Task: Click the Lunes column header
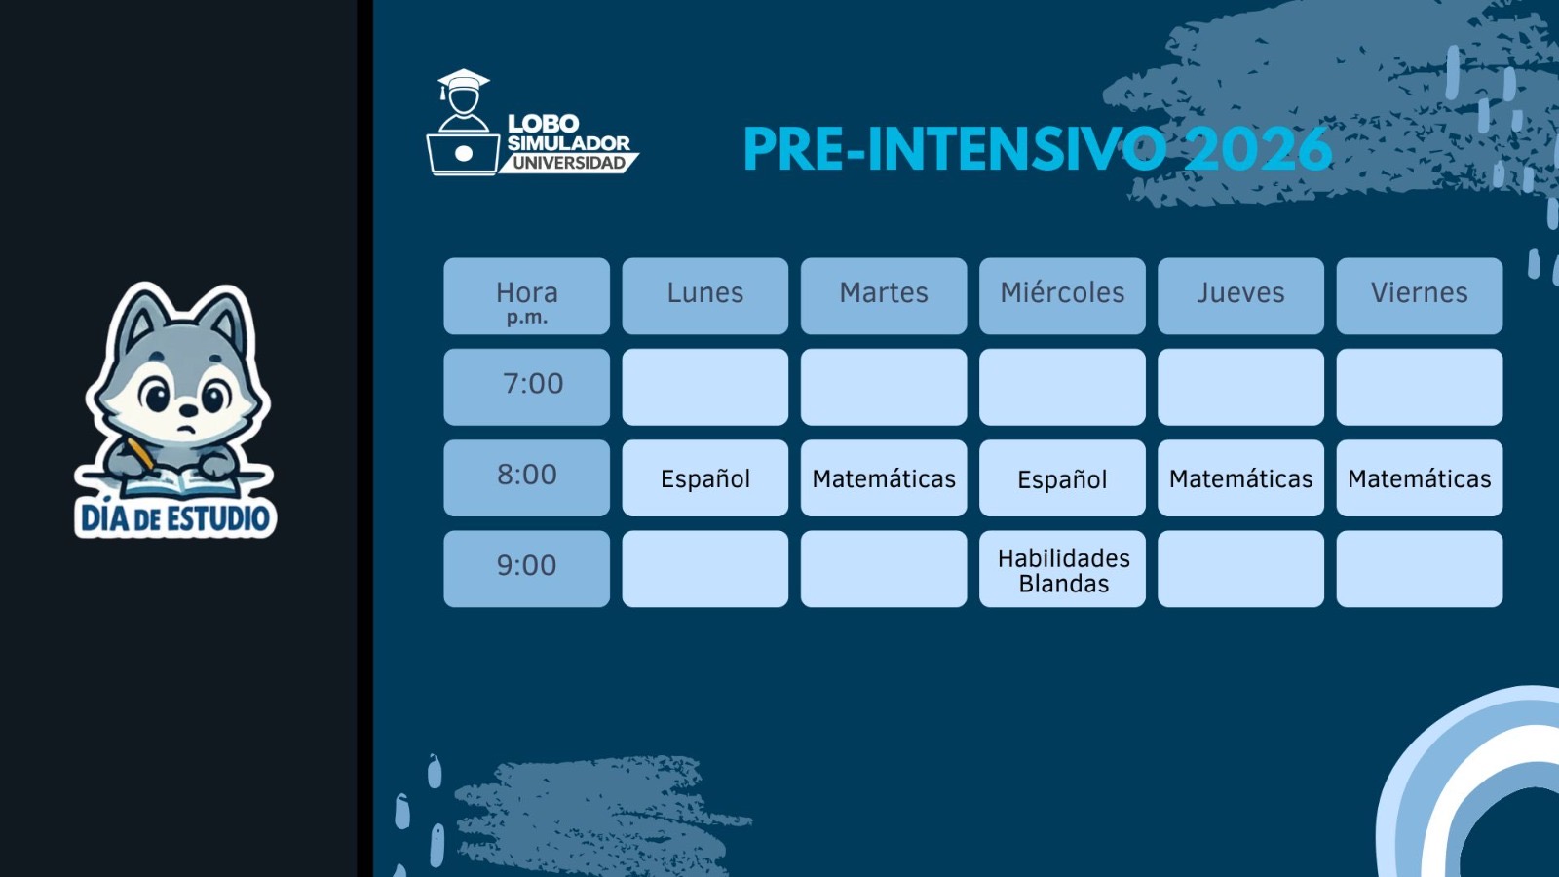pyautogui.click(x=705, y=296)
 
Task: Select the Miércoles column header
pyautogui.click(x=1062, y=296)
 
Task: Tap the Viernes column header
pyautogui.click(x=1419, y=296)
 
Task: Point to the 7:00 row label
pyautogui.click(x=527, y=387)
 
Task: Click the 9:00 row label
pyautogui.click(x=527, y=569)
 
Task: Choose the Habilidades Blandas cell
pyautogui.click(x=1062, y=569)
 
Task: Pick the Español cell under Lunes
pyautogui.click(x=705, y=478)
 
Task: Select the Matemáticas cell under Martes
pyautogui.click(x=884, y=478)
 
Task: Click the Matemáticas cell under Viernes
pyautogui.click(x=1419, y=478)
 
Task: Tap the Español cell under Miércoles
pyautogui.click(x=1062, y=478)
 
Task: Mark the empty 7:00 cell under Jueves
pyautogui.click(x=1241, y=387)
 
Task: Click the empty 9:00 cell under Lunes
pyautogui.click(x=705, y=569)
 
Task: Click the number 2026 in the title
pyautogui.click(x=1258, y=149)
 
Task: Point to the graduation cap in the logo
pyautogui.click(x=463, y=81)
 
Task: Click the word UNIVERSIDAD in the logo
pyautogui.click(x=569, y=163)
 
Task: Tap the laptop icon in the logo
pyautogui.click(x=464, y=154)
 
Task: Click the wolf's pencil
pyautogui.click(x=141, y=453)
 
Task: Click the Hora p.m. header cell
pyautogui.click(x=527, y=296)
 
